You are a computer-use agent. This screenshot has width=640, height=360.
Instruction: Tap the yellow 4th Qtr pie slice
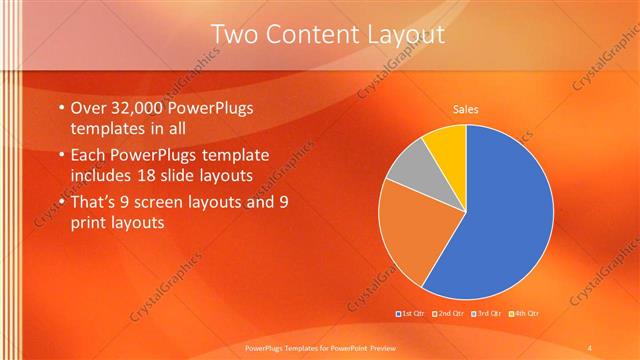click(446, 150)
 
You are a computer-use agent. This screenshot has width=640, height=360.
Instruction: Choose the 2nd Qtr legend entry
click(449, 314)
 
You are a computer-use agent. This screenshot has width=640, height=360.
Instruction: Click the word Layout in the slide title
click(398, 36)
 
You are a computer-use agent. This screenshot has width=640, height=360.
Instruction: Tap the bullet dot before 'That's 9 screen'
click(62, 202)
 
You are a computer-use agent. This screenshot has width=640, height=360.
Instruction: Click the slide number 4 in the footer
click(589, 347)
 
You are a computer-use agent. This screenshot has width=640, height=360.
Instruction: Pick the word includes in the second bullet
click(103, 176)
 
